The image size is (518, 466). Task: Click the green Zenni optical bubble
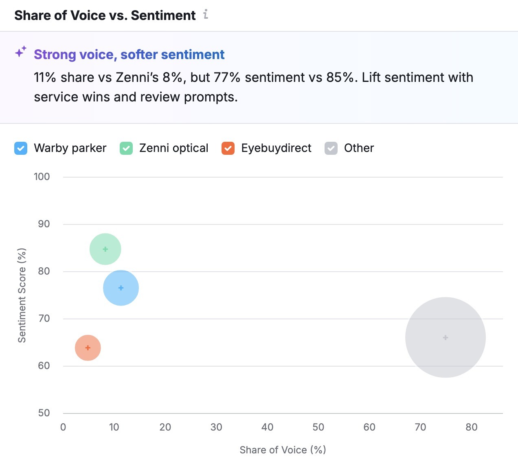pyautogui.click(x=105, y=249)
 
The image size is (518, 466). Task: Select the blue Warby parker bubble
pyautogui.click(x=121, y=288)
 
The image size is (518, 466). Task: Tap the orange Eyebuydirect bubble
pyautogui.click(x=88, y=348)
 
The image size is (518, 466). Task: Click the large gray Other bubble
pyautogui.click(x=446, y=337)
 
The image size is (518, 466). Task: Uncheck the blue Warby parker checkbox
pyautogui.click(x=21, y=148)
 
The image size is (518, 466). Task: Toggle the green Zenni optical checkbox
pyautogui.click(x=126, y=148)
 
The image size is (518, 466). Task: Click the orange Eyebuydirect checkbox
pyautogui.click(x=228, y=148)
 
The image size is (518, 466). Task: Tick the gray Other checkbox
pyautogui.click(x=331, y=148)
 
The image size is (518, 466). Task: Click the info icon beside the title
pyautogui.click(x=206, y=15)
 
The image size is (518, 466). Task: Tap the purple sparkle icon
pyautogui.click(x=21, y=52)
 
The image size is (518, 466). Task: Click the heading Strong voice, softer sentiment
pyautogui.click(x=129, y=55)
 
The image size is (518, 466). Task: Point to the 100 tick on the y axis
pyautogui.click(x=42, y=177)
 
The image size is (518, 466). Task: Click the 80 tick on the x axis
pyautogui.click(x=471, y=427)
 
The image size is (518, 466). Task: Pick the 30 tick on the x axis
pyautogui.click(x=216, y=427)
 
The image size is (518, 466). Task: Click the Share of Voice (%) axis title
pyautogui.click(x=283, y=450)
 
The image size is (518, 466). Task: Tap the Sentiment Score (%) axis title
pyautogui.click(x=22, y=295)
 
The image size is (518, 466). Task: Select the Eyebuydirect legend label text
pyautogui.click(x=276, y=148)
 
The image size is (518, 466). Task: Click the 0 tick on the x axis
pyautogui.click(x=63, y=427)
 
